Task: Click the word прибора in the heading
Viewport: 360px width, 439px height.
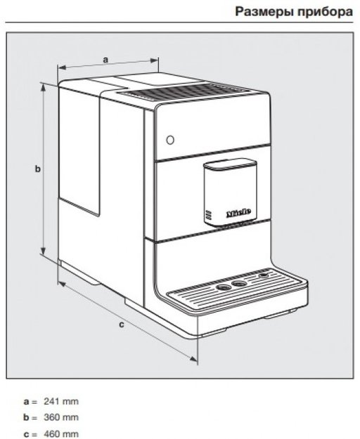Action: click(x=325, y=12)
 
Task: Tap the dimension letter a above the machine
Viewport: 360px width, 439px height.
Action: click(x=105, y=60)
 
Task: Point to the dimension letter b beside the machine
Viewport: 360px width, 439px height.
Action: click(x=37, y=169)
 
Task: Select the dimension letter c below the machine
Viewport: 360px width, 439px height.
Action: click(x=122, y=325)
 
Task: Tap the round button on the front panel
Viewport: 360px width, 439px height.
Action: click(x=170, y=140)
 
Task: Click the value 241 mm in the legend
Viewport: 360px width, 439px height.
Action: click(x=61, y=402)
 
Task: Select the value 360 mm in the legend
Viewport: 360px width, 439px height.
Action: click(x=61, y=417)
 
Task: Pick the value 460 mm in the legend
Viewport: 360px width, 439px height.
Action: click(x=61, y=433)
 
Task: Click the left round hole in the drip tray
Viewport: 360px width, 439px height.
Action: click(x=224, y=287)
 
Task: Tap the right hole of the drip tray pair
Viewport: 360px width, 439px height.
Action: click(x=238, y=284)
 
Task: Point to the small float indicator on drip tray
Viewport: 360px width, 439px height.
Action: click(x=264, y=275)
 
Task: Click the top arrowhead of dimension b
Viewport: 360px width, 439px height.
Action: click(x=43, y=88)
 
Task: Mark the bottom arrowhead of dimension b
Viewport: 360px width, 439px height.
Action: click(x=43, y=250)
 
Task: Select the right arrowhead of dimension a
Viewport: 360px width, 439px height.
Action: click(x=155, y=60)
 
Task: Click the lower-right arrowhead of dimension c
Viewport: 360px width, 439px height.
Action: click(x=193, y=359)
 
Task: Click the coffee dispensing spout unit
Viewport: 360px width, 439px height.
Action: click(x=230, y=192)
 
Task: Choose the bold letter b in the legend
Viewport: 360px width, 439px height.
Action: click(x=26, y=417)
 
